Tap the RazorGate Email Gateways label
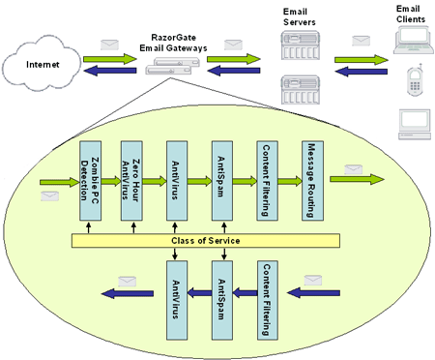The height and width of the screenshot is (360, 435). (x=173, y=36)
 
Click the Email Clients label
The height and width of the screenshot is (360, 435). (x=407, y=14)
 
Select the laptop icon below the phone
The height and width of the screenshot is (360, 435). (x=414, y=125)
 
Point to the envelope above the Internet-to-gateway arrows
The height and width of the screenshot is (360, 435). (x=111, y=44)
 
